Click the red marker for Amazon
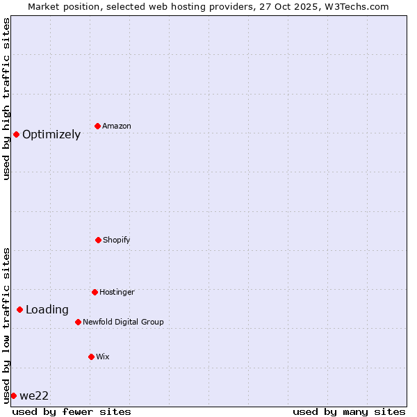[x=98, y=126]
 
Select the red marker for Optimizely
[x=16, y=134]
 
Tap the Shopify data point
[x=98, y=240]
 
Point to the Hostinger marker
[x=95, y=292]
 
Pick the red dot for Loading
[x=19, y=309]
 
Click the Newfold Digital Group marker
[x=78, y=322]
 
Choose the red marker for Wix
[x=91, y=357]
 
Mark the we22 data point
[x=13, y=395]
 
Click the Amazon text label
[x=117, y=126]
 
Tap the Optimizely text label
[x=51, y=135]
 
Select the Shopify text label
[x=117, y=240]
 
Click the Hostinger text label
[x=117, y=293]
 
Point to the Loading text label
[x=47, y=310]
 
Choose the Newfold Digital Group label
[x=123, y=322]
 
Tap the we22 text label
[x=34, y=396]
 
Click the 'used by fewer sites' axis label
[x=72, y=411]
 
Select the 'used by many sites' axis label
[x=349, y=411]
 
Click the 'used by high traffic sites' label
[x=6, y=99]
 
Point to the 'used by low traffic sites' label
[x=6, y=325]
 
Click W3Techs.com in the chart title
[x=354, y=6]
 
